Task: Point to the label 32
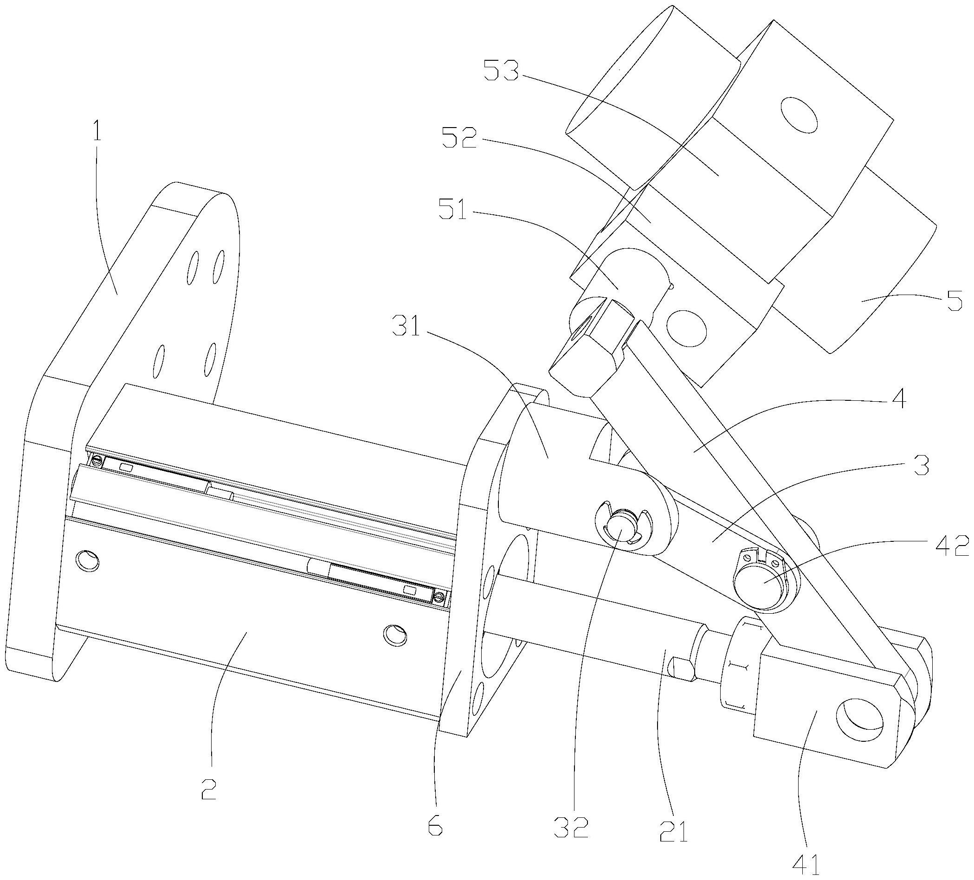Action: (575, 824)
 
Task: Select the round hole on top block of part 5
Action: (799, 114)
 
